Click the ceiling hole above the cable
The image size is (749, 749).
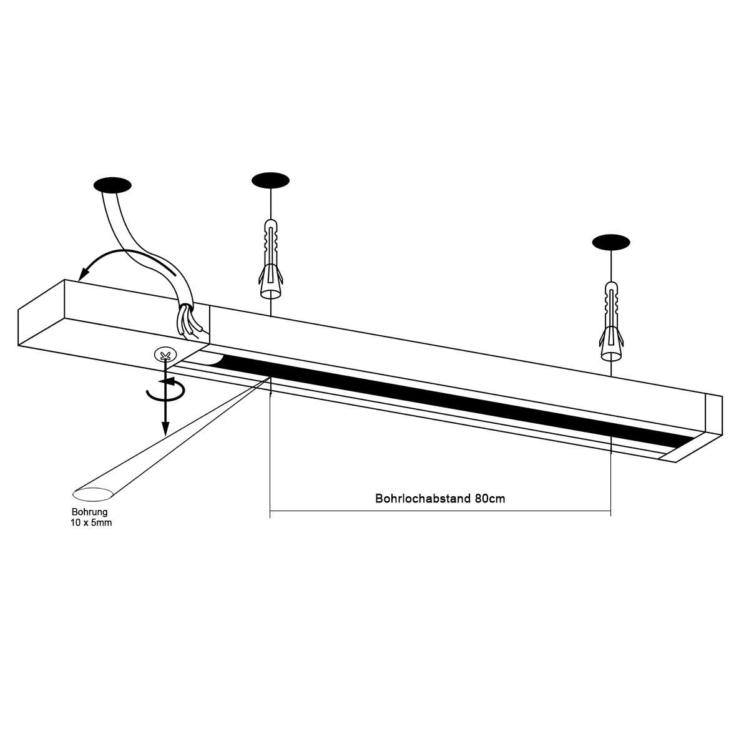(x=112, y=185)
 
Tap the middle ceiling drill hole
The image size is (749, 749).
(x=271, y=180)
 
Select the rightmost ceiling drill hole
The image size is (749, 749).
(x=611, y=242)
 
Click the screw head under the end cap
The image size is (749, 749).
(x=165, y=356)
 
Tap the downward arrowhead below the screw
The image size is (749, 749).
(x=165, y=429)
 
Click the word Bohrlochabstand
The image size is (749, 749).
(x=423, y=499)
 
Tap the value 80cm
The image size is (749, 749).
(x=489, y=499)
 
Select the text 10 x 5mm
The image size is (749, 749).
(x=91, y=522)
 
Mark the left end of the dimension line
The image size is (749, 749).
(x=270, y=513)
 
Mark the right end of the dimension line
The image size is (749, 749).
(x=610, y=513)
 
